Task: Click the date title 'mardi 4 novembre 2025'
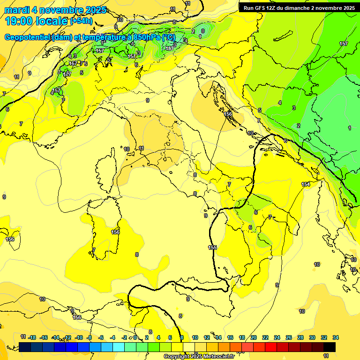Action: [x=55, y=10]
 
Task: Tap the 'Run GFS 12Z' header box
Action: [x=298, y=7]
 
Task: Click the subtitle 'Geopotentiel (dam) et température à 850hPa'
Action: [x=90, y=37]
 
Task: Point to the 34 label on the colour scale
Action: [x=336, y=337]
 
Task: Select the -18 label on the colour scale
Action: [x=32, y=337]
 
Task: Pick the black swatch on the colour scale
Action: [x=330, y=347]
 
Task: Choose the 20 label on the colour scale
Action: [x=254, y=337]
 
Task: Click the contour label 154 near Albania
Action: [x=306, y=184]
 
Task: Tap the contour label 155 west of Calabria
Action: [x=212, y=247]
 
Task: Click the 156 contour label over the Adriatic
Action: [x=228, y=114]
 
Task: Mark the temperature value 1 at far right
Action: [x=350, y=128]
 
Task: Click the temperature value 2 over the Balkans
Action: [x=299, y=126]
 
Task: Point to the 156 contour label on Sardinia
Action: [x=115, y=232]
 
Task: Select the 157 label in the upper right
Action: [x=344, y=44]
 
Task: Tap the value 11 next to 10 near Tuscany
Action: [x=141, y=148]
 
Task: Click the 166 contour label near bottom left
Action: [x=77, y=317]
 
